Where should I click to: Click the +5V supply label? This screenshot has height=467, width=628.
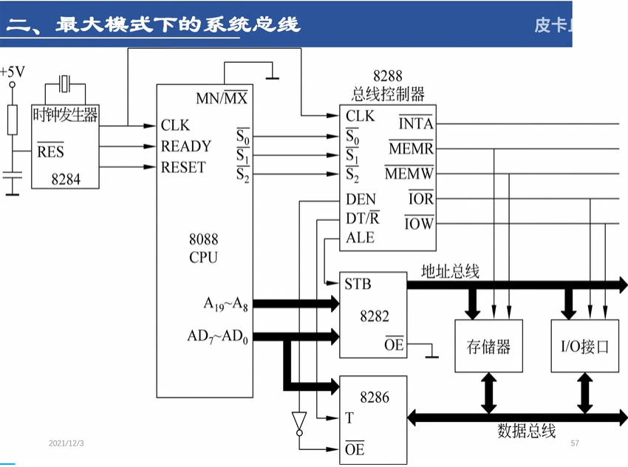(13, 72)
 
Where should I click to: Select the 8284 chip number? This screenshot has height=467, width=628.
(66, 179)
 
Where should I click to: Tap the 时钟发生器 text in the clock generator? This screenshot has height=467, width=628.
(66, 115)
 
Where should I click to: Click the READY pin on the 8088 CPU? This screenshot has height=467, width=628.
(185, 146)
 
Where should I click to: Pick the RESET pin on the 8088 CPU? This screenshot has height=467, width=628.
(183, 167)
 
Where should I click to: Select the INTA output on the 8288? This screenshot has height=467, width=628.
(416, 124)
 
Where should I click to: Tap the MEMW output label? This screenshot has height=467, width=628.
(409, 174)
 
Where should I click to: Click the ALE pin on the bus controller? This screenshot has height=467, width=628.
(360, 238)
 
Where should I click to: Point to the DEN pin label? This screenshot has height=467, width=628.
(361, 200)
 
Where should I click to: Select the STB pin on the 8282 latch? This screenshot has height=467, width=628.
(358, 284)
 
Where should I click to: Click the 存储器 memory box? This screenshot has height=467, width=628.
(488, 346)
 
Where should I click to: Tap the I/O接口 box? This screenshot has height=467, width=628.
(585, 346)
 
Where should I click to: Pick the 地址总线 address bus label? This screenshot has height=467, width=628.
(450, 272)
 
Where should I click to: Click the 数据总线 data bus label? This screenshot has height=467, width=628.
(526, 432)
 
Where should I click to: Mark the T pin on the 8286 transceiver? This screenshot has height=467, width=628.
(349, 418)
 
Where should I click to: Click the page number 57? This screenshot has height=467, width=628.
(575, 443)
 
